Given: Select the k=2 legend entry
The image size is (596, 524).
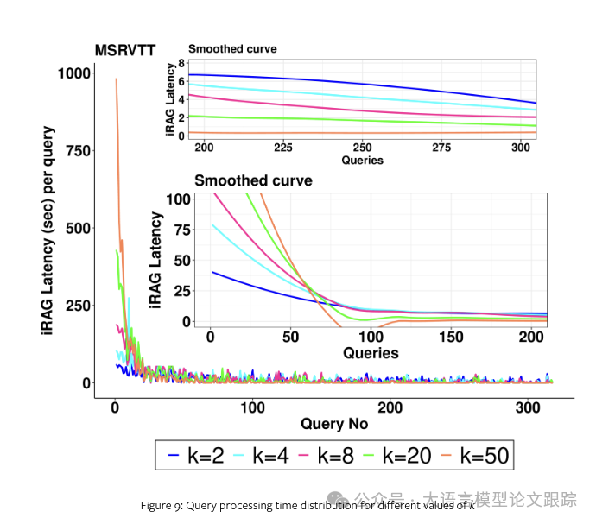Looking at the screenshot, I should pyautogui.click(x=195, y=455).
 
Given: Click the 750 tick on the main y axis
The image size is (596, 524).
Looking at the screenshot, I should pyautogui.click(x=78, y=151).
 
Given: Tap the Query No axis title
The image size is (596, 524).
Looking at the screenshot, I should pyautogui.click(x=333, y=424).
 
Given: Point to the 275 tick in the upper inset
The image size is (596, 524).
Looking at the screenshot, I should pyautogui.click(x=441, y=148).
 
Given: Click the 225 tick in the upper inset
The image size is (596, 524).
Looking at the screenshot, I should pyautogui.click(x=283, y=148).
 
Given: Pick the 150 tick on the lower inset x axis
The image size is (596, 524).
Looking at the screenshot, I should pyautogui.click(x=452, y=337).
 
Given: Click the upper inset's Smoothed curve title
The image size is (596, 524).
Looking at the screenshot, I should pyautogui.click(x=232, y=49).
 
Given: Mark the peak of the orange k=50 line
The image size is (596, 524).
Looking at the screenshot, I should pyautogui.click(x=117, y=79).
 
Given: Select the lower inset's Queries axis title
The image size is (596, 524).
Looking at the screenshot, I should pyautogui.click(x=371, y=352).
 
